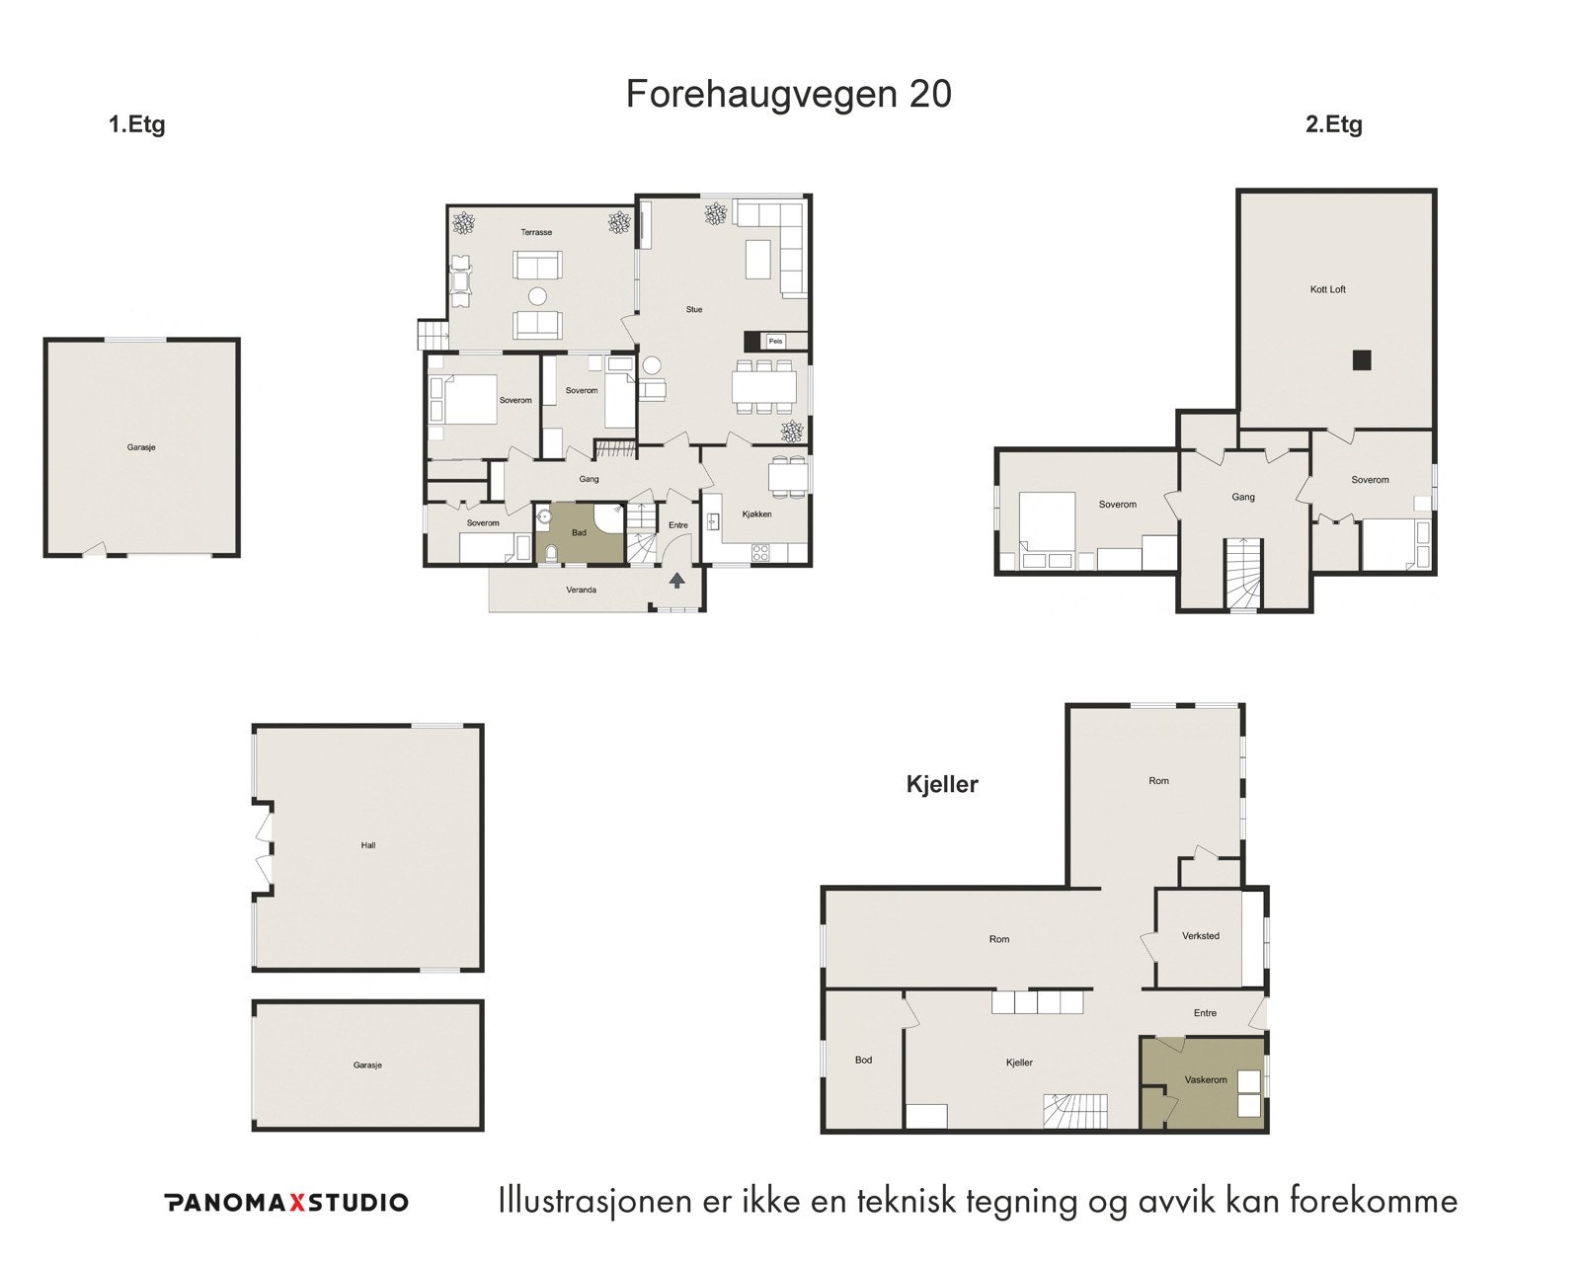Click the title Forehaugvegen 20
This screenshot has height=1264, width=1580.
pos(788,95)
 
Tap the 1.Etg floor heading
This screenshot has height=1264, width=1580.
pos(136,125)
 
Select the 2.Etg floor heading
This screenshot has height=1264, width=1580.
pos(1333,125)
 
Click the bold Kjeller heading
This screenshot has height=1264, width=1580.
pos(942,785)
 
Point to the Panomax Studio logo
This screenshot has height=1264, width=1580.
pos(285,1202)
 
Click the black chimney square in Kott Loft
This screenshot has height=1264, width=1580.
pos(1362,359)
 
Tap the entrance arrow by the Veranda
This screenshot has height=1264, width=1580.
pos(677,580)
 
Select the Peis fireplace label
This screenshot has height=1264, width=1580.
pos(776,342)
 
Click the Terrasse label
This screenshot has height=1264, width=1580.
pos(536,233)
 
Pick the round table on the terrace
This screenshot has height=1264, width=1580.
pos(537,294)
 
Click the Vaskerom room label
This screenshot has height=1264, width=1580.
pos(1206,1080)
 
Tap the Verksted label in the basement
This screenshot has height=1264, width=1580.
pos(1201,936)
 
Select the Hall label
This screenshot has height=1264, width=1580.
pos(368,846)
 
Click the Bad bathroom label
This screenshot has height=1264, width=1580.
pos(580,533)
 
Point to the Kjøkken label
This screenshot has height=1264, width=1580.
pos(756,514)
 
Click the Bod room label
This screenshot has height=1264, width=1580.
pos(863,1061)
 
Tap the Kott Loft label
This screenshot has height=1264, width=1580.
pos(1328,290)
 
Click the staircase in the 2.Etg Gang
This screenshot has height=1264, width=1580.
pos(1243,575)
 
